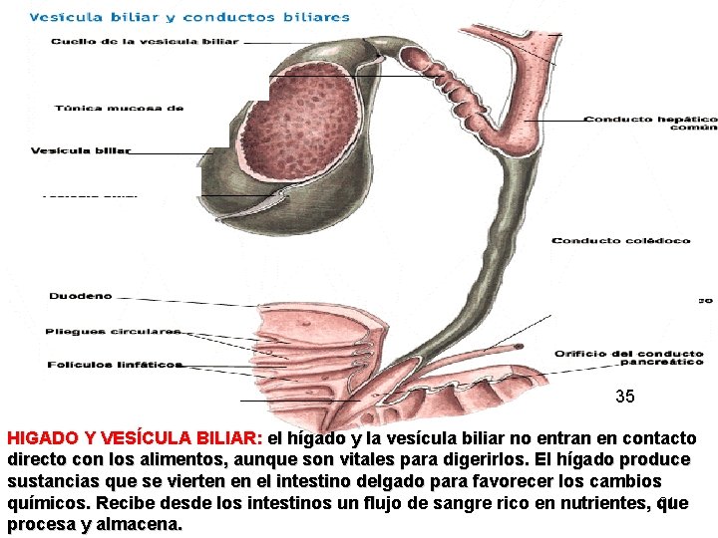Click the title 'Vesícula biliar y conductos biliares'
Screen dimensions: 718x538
189,17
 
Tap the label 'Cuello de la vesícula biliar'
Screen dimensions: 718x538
145,42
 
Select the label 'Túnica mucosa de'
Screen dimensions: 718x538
119,108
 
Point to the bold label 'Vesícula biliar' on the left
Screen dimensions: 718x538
81,151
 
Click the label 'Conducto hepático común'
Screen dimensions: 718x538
649,124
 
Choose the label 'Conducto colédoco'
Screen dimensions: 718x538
613,240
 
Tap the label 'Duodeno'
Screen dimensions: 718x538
81,296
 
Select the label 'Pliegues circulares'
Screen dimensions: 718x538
114,331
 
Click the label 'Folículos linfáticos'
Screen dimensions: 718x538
115,365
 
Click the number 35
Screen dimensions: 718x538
624,397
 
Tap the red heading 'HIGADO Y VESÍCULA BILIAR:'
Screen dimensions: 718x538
135,438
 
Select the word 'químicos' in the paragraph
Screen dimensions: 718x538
47,503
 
